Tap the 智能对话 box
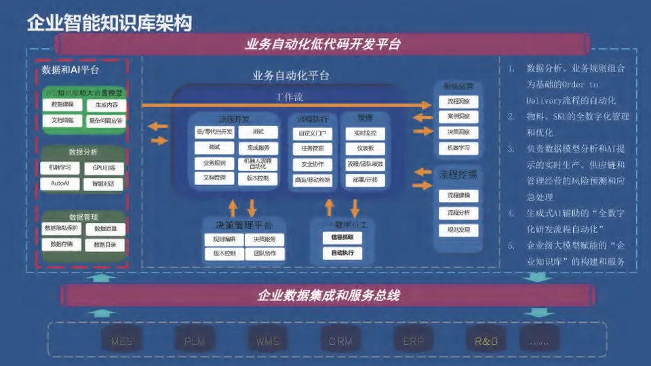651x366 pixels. (x=104, y=184)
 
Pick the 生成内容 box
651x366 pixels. (x=106, y=105)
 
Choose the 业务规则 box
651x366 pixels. (x=214, y=163)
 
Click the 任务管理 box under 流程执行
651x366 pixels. (x=313, y=148)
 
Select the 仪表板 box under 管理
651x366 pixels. (x=365, y=148)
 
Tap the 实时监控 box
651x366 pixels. (x=365, y=133)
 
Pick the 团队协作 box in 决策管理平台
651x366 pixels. (x=264, y=254)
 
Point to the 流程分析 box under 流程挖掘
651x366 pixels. (x=458, y=213)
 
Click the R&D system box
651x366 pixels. (x=486, y=341)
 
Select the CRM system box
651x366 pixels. (x=340, y=341)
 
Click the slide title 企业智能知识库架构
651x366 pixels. (x=109, y=22)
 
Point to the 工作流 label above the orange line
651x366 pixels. (x=290, y=97)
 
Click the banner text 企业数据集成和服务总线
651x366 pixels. (x=328, y=296)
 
